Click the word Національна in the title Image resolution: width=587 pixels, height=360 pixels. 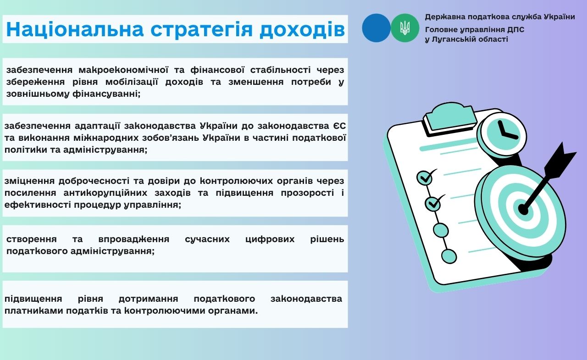pos(75,29)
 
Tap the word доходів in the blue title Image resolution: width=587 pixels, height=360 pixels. pos(302,29)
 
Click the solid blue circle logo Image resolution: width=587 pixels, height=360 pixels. pos(377,28)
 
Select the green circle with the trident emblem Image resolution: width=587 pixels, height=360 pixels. pos(405,28)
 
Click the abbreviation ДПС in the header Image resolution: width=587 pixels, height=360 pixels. pos(515,30)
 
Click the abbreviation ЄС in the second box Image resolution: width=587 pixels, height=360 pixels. pos(339,126)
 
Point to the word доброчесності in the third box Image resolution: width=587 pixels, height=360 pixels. pos(94,181)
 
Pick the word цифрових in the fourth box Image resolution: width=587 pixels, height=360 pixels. pos(270,239)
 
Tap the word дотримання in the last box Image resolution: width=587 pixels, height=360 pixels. pos(148,299)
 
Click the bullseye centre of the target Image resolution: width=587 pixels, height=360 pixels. pos(523,210)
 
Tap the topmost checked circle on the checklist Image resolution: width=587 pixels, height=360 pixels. pos(425,178)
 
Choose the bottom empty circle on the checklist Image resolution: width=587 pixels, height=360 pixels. pos(449,256)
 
